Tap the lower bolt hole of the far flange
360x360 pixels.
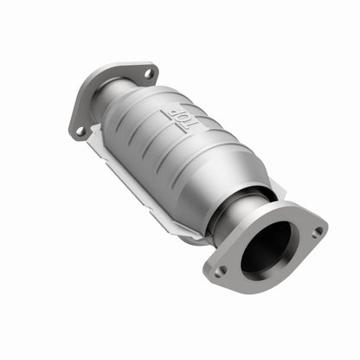click(x=80, y=132)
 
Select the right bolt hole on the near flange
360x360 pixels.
click(x=318, y=232)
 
